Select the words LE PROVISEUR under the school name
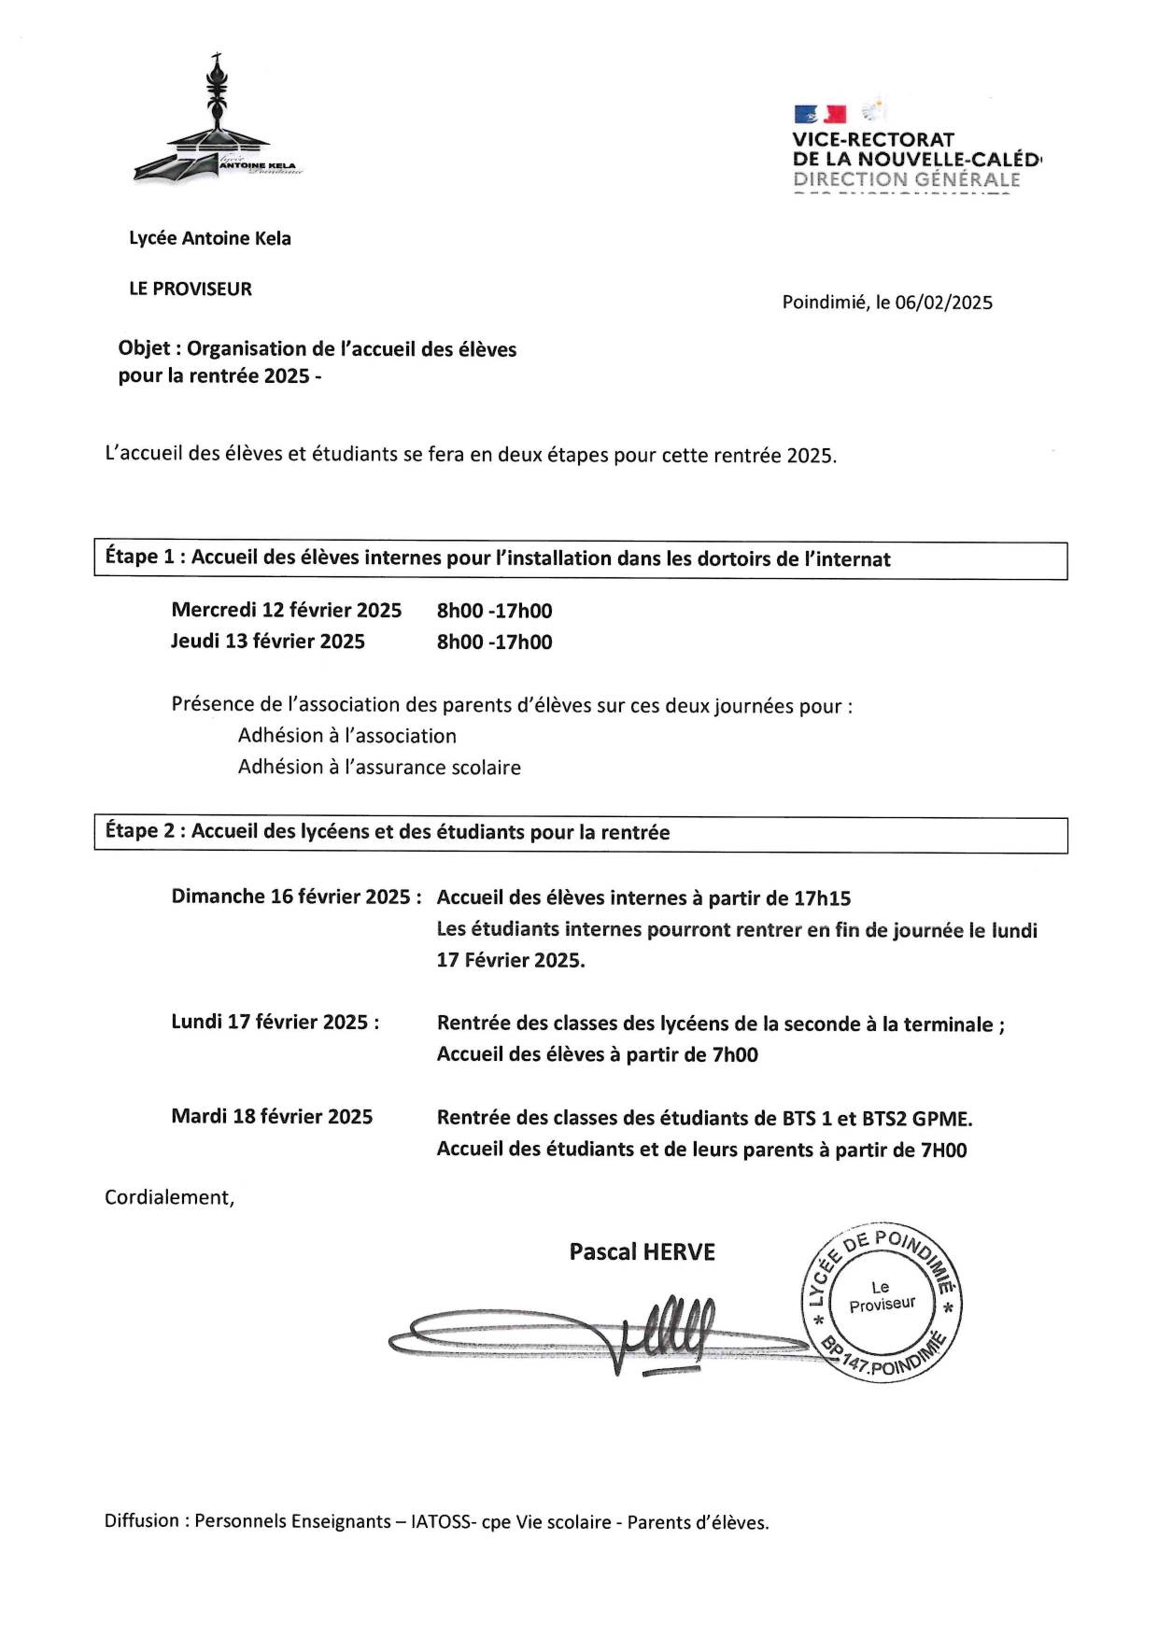click(x=191, y=289)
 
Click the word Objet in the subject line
click(x=144, y=349)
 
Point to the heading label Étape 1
click(x=139, y=558)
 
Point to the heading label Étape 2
click(x=139, y=831)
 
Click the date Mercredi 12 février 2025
click(x=286, y=611)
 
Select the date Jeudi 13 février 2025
click(x=267, y=642)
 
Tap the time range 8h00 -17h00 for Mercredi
click(x=494, y=611)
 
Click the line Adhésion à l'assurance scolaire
click(x=379, y=768)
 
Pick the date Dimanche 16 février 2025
click(x=290, y=897)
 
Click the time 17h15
click(x=822, y=898)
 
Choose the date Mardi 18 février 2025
click(x=272, y=1117)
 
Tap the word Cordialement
click(x=169, y=1198)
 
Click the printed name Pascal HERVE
click(x=642, y=1252)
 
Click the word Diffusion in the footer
click(x=142, y=1521)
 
